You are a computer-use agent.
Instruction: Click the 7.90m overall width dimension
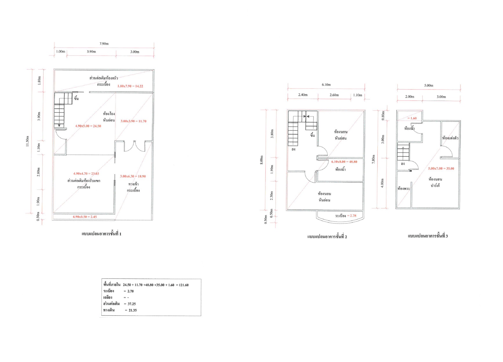tap(104, 44)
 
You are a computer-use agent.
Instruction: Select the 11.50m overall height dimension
tap(28, 141)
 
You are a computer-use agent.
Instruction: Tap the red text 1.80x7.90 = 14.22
tap(130, 86)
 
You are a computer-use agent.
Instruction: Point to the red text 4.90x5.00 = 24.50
tap(88, 126)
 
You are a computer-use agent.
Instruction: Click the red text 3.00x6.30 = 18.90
tap(133, 176)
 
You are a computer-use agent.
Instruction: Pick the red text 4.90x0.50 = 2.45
tap(85, 217)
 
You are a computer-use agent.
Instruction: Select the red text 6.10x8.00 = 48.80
tap(344, 162)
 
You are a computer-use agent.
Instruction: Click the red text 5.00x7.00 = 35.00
tap(441, 168)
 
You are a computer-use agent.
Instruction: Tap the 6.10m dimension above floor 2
tap(326, 85)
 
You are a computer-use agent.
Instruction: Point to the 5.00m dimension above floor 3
tap(429, 86)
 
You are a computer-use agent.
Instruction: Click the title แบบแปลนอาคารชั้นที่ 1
tap(102, 234)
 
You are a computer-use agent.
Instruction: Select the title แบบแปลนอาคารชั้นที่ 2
tap(327, 237)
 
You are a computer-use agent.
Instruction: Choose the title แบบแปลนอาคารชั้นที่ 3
tap(428, 236)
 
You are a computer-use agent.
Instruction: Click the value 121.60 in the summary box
tap(184, 285)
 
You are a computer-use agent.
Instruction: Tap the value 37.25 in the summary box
tap(132, 304)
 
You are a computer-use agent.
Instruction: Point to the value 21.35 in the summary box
tap(133, 310)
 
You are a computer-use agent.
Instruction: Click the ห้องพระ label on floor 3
tap(404, 188)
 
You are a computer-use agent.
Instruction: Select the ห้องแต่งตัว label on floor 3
tap(450, 138)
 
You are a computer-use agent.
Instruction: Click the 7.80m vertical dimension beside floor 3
tap(374, 159)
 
